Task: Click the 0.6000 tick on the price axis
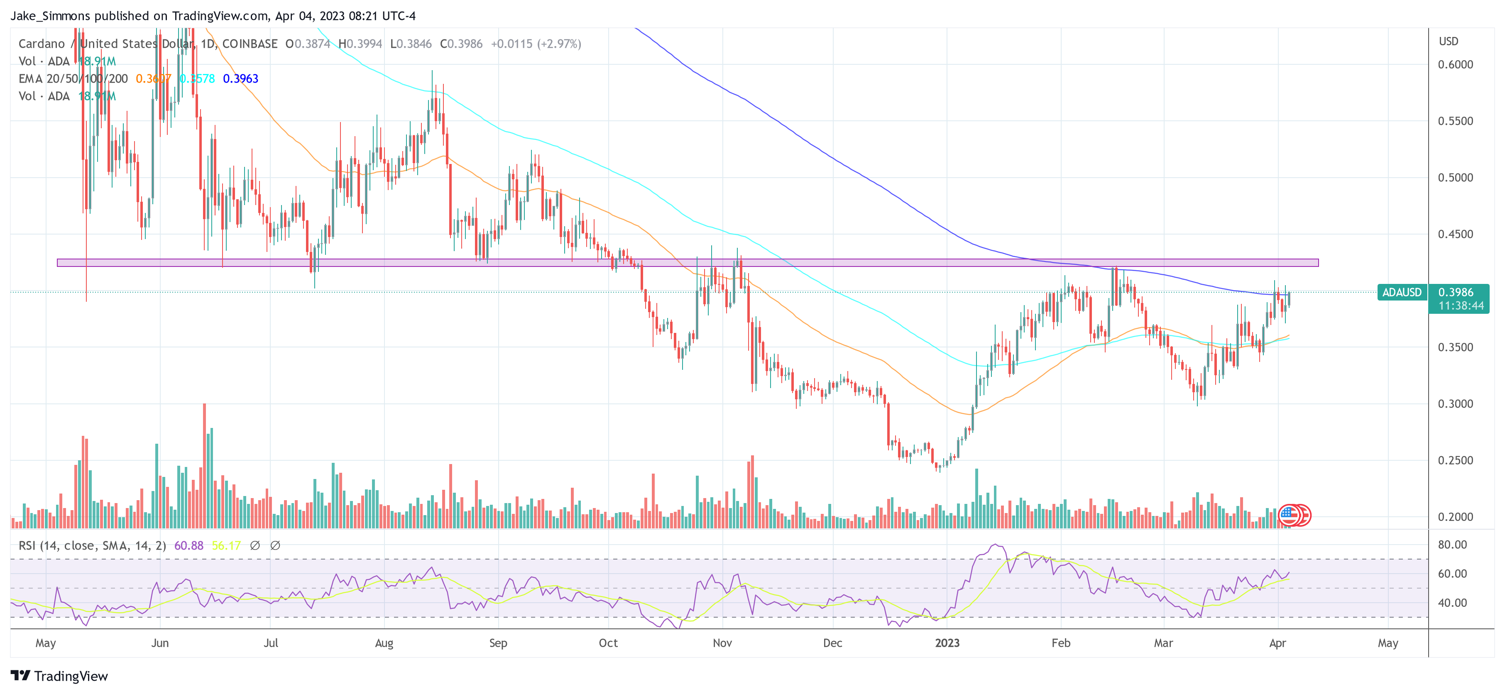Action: point(1455,65)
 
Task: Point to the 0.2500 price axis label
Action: point(1455,460)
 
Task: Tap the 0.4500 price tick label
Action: point(1455,234)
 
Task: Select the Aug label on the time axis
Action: point(384,643)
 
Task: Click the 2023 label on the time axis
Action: point(947,643)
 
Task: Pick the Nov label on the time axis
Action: point(722,643)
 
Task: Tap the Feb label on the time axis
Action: point(1061,643)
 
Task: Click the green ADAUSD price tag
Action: point(1402,292)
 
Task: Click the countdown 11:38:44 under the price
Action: point(1461,306)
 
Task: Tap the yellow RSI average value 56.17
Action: point(226,546)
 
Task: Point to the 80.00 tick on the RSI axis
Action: point(1452,545)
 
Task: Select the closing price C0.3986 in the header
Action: point(461,44)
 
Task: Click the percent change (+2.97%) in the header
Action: point(560,44)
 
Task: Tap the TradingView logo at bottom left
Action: point(60,676)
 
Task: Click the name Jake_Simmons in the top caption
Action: point(50,16)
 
